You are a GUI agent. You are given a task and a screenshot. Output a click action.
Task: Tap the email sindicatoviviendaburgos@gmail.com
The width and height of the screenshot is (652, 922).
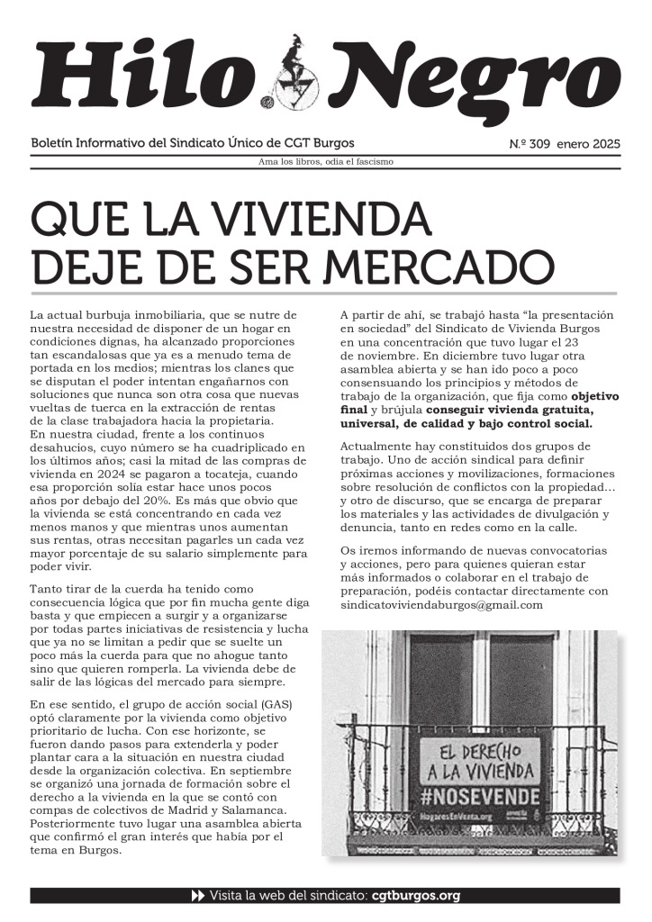pos(441,604)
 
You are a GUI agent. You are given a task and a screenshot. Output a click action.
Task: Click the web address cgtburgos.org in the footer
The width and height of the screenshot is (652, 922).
pos(416,896)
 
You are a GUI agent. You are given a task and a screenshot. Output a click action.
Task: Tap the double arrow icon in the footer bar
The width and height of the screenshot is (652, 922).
pos(198,896)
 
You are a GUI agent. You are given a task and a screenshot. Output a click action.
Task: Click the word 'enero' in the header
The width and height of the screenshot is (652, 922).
pos(574,144)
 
